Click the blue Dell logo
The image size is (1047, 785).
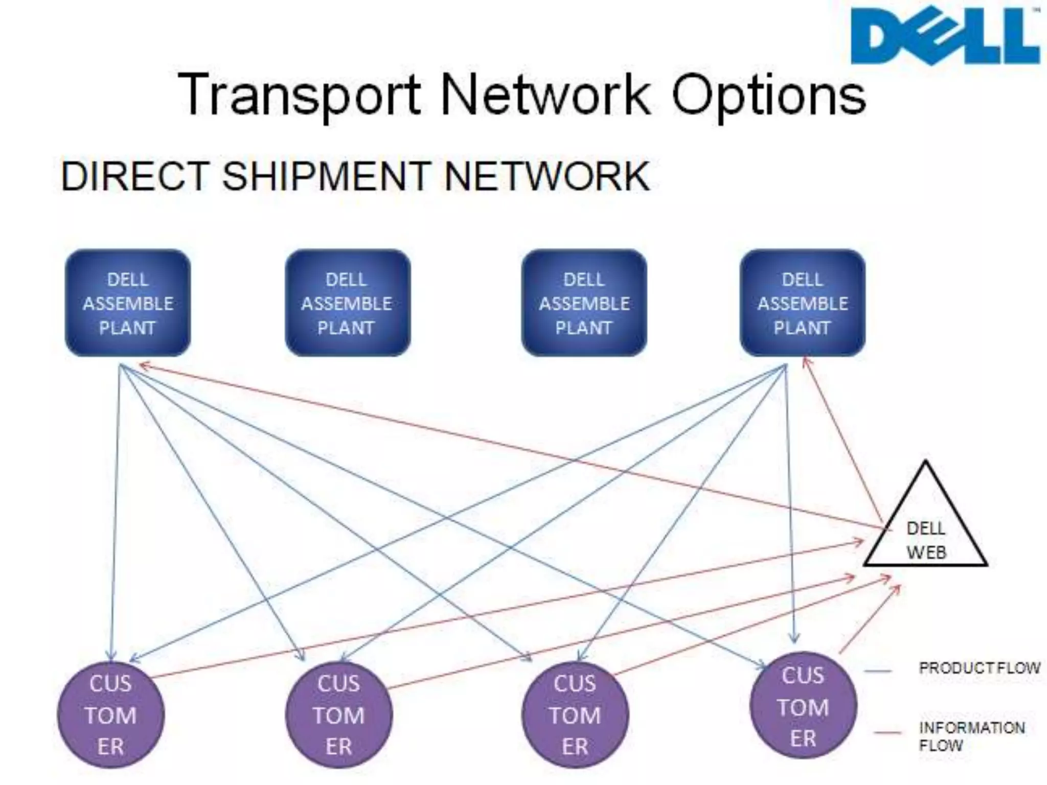(945, 36)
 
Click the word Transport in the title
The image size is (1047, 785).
(299, 95)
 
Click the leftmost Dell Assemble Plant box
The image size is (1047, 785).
(128, 303)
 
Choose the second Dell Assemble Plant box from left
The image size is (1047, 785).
(347, 303)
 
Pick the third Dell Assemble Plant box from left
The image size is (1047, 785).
(584, 303)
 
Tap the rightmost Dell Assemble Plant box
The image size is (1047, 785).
(803, 303)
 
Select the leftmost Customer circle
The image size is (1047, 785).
(111, 714)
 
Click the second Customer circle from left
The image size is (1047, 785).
(338, 714)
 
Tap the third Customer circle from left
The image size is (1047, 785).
(575, 714)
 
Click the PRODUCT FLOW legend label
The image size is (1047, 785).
(979, 668)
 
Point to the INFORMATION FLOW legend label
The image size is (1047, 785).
(971, 736)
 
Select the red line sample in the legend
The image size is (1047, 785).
(887, 733)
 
